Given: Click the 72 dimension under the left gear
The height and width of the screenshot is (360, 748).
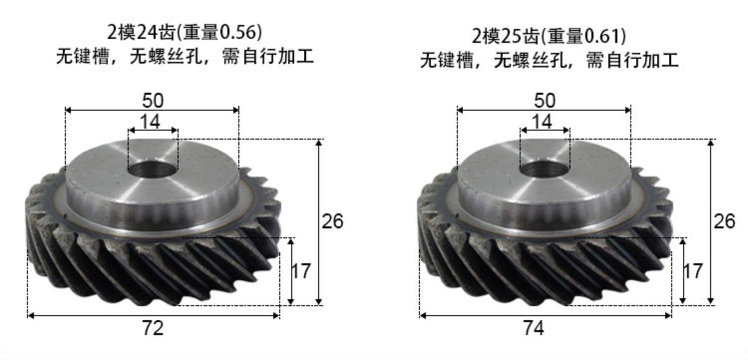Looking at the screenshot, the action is pyautogui.click(x=153, y=328).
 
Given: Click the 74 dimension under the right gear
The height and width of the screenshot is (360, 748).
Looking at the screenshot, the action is pyautogui.click(x=533, y=328).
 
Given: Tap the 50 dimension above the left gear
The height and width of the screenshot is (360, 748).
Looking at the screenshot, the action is pyautogui.click(x=153, y=101).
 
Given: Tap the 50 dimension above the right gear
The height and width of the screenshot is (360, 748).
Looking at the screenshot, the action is pyautogui.click(x=545, y=101).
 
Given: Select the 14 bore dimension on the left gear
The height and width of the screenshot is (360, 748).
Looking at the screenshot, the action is pyautogui.click(x=150, y=122).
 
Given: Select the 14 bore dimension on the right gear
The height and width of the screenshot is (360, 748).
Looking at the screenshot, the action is pyautogui.click(x=542, y=122).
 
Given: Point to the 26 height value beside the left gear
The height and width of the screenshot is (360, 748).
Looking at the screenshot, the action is pyautogui.click(x=332, y=221).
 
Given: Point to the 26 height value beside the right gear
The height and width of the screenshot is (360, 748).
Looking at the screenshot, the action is pyautogui.click(x=724, y=221).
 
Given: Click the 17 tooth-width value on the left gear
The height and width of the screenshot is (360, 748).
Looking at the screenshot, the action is pyautogui.click(x=301, y=271).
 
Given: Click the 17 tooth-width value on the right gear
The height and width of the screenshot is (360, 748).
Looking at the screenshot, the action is pyautogui.click(x=693, y=271).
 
